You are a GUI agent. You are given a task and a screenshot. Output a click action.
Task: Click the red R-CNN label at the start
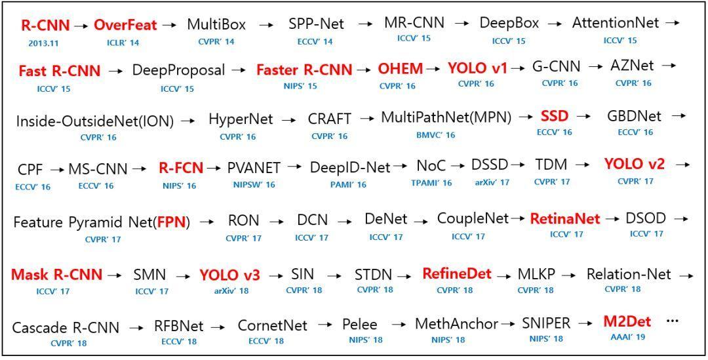pyautogui.click(x=45, y=26)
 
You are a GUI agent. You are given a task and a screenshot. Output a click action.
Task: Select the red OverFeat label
pyautogui.click(x=125, y=26)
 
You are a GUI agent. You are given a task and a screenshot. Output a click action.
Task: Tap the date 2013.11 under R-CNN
pyautogui.click(x=45, y=43)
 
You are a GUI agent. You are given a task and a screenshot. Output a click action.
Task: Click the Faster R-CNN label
pyautogui.click(x=304, y=70)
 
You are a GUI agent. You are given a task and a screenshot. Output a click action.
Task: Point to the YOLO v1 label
pyautogui.click(x=477, y=68)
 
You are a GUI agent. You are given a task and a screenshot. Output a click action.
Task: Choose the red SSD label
pyautogui.click(x=555, y=117)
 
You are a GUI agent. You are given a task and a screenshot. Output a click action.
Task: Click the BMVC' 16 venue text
pyautogui.click(x=435, y=136)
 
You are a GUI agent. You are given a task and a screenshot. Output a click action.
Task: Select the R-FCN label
pyautogui.click(x=180, y=169)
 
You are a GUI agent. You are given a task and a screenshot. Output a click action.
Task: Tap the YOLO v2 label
pyautogui.click(x=634, y=165)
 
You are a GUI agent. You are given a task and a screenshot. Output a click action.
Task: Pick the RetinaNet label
pyautogui.click(x=565, y=219)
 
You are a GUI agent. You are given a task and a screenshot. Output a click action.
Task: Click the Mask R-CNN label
pyautogui.click(x=56, y=274)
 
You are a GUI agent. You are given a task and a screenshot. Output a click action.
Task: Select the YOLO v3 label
pyautogui.click(x=229, y=275)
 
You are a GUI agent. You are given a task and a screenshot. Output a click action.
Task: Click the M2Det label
pyautogui.click(x=627, y=322)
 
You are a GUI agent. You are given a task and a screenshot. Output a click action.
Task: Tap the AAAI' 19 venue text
pyautogui.click(x=627, y=337)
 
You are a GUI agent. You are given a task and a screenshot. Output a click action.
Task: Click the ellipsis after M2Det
pyautogui.click(x=673, y=321)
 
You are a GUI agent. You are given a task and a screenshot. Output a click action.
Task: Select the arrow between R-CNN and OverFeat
pyautogui.click(x=81, y=26)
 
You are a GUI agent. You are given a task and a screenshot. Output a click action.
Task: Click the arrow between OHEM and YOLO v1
pyautogui.click(x=434, y=68)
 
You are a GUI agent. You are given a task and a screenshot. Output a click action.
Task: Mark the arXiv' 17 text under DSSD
pyautogui.click(x=492, y=183)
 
